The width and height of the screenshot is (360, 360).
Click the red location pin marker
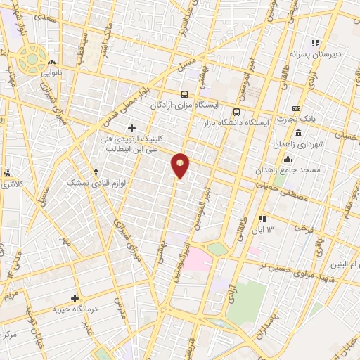click(181, 165)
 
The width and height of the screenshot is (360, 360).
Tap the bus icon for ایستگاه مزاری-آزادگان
click(184, 94)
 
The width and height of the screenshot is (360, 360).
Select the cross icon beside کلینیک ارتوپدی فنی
click(131, 127)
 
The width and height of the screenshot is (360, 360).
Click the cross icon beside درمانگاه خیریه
click(75, 297)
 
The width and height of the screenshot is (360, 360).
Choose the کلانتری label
click(9, 184)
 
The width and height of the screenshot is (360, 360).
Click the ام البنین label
click(345, 264)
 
